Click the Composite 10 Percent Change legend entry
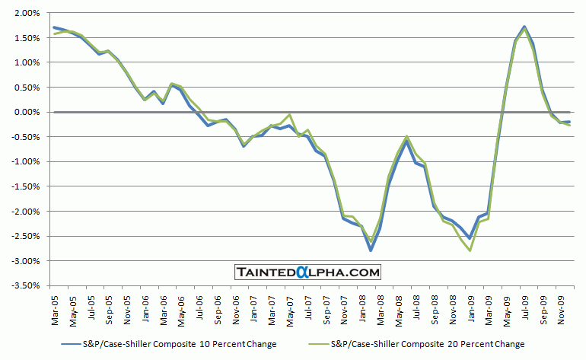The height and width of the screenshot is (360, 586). [x=167, y=345]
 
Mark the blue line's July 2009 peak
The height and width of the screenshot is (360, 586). [x=525, y=26]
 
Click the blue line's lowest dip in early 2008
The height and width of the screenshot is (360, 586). [x=371, y=250]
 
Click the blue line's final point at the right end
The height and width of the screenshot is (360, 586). [x=570, y=122]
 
